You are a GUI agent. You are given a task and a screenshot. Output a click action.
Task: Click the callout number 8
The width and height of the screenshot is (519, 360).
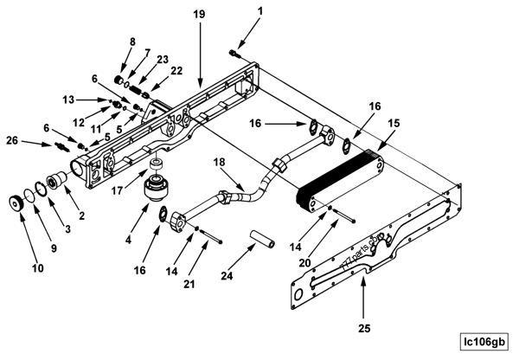click(x=131, y=41)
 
